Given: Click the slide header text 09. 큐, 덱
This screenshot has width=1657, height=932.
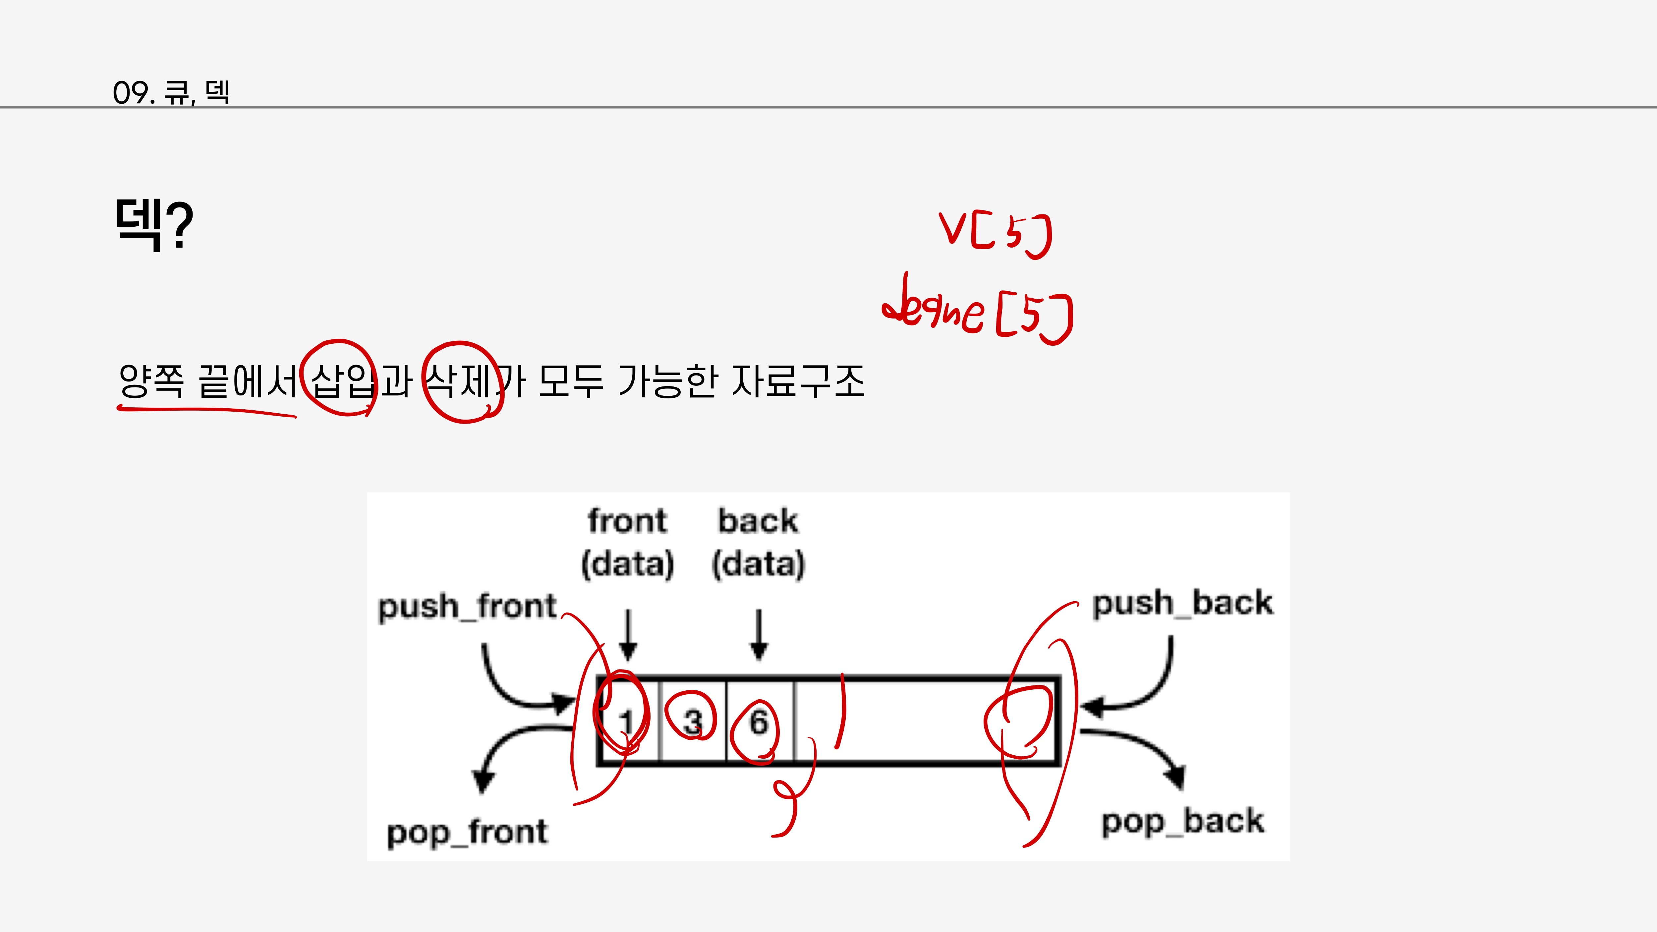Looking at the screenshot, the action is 171,92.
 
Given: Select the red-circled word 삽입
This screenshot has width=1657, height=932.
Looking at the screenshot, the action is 340,381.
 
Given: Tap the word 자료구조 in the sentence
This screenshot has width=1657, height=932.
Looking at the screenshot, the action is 798,381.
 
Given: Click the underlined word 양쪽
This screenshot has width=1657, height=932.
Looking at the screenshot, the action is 152,381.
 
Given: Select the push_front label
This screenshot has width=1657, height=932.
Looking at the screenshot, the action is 467,607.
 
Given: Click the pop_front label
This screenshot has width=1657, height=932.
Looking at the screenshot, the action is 467,832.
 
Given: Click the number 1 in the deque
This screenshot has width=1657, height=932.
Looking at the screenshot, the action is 627,722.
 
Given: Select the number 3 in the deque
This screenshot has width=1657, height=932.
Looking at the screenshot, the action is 692,722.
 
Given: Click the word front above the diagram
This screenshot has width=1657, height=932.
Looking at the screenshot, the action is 627,521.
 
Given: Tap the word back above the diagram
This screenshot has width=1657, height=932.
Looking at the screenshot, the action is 758,521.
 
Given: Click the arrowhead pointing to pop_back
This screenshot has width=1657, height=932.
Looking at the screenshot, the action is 1176,776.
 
